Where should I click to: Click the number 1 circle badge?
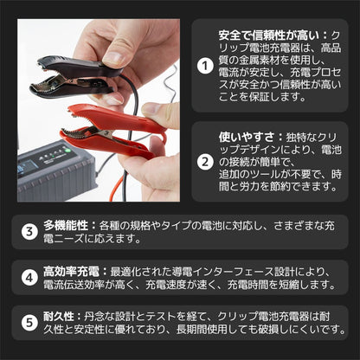[204, 64]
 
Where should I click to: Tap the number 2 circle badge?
[204, 161]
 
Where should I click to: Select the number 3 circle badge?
[29, 231]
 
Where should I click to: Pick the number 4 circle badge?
[29, 278]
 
